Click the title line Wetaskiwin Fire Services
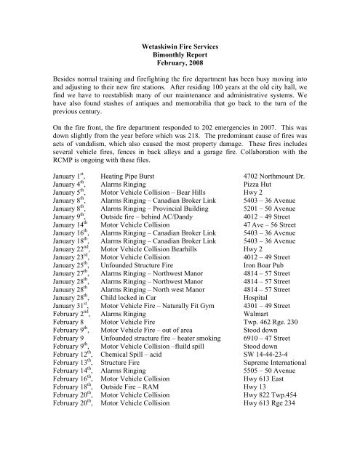click(x=180, y=45)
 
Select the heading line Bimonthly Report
click(x=180, y=54)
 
